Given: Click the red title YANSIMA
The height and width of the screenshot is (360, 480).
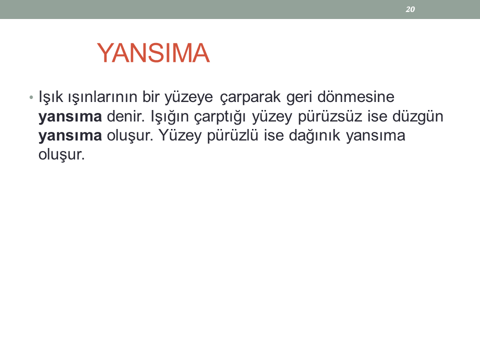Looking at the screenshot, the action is coord(153,53).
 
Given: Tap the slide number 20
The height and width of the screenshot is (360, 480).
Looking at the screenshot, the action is coord(410,9).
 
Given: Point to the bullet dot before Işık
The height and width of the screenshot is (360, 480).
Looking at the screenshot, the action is coord(31,97).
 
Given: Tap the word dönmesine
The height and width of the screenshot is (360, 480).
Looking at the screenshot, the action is coord(356,96).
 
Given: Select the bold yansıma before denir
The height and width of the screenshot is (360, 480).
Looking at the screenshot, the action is coord(70,116).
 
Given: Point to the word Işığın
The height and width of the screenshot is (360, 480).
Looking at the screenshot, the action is coord(169,116).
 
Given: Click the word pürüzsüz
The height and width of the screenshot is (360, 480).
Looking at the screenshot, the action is coord(330,116).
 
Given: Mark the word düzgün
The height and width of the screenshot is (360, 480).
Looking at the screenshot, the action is coord(418,116).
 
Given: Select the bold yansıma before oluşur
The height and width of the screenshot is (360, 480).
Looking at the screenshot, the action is coord(70,135).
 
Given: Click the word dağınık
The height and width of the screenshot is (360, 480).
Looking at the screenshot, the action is coord(314,135).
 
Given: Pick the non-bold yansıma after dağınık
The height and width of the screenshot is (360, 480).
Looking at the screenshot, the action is coord(375,135).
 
